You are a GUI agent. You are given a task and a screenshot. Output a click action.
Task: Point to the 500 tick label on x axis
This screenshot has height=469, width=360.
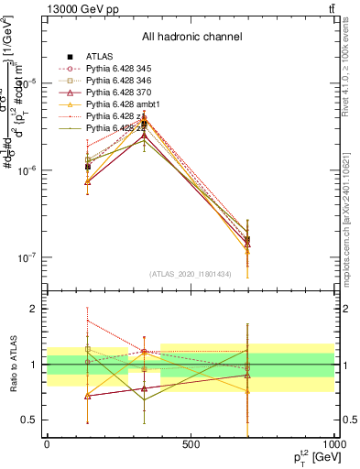click(191, 443)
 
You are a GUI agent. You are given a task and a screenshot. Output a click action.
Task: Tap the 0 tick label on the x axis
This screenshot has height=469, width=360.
click(47, 443)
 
